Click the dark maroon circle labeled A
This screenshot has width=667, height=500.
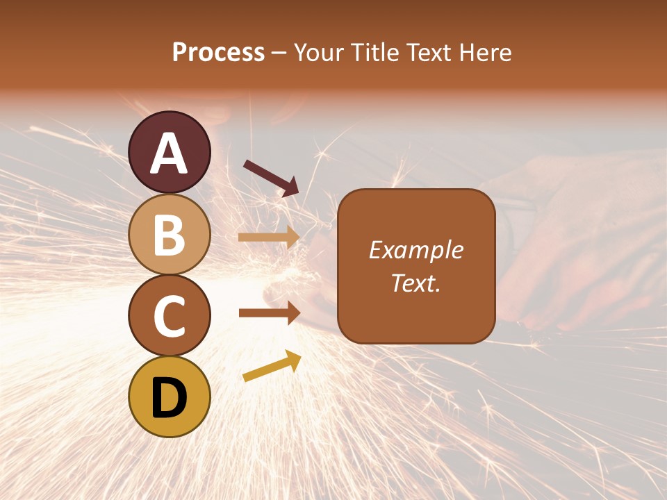point(170,152)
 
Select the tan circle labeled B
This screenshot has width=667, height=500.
point(170,234)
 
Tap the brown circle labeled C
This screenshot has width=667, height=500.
point(170,315)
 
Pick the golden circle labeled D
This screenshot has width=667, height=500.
point(170,397)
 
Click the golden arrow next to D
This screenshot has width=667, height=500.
point(272,366)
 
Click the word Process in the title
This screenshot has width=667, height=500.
point(218,53)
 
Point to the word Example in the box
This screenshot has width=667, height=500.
point(415,250)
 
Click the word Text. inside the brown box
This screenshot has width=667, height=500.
point(415,283)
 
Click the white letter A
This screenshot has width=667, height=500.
point(170,153)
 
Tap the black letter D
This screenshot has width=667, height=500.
point(170,398)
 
